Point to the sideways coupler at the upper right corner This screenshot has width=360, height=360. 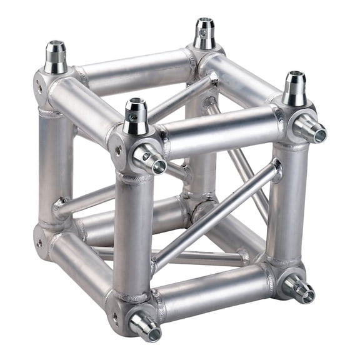pos(311,129)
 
